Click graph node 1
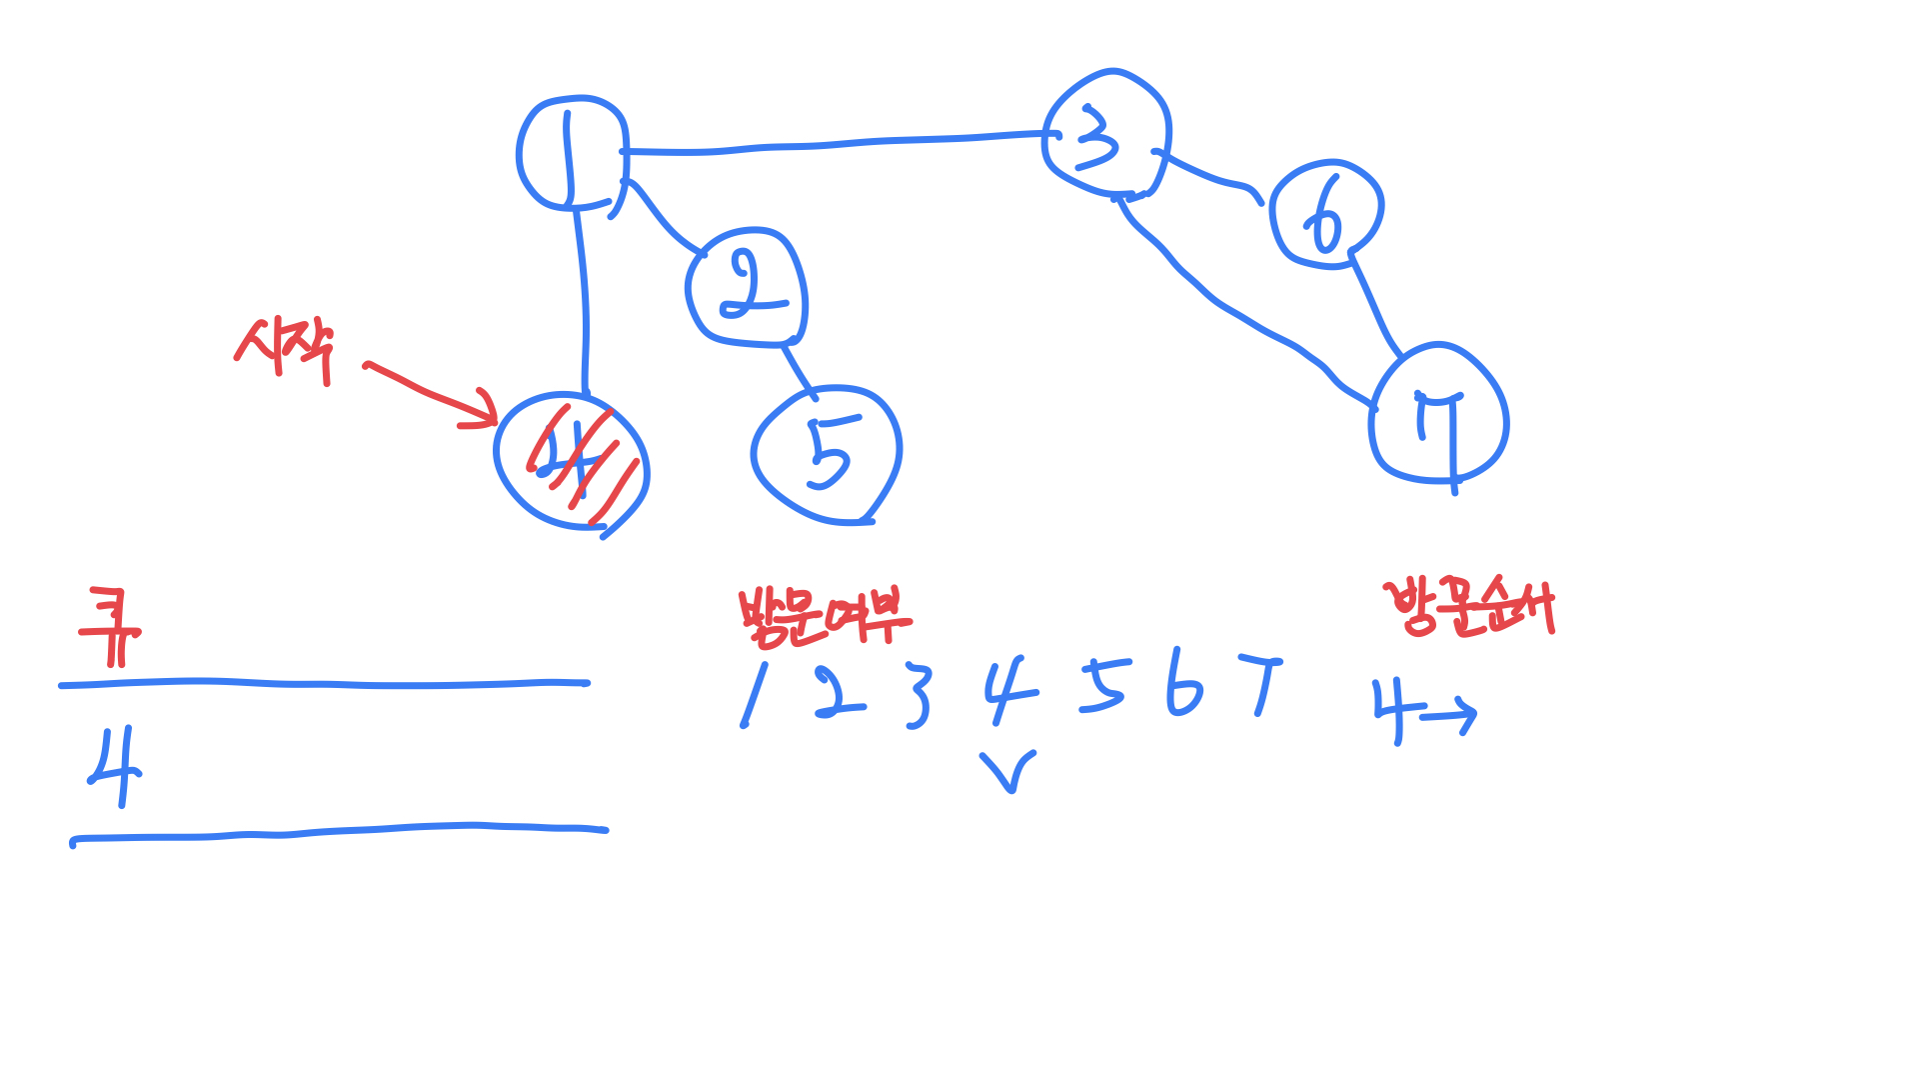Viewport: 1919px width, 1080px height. (572, 153)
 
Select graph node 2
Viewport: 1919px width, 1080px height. (747, 288)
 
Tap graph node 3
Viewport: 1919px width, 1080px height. (1105, 134)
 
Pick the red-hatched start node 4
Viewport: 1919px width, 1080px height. (572, 460)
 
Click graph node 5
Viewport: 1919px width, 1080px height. (827, 455)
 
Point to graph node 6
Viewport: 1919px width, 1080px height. (1325, 213)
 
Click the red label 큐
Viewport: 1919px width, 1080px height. (110, 626)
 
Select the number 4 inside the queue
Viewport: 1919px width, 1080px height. (116, 767)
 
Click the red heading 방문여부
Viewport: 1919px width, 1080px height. (824, 615)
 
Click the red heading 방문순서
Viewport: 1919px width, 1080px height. (1468, 606)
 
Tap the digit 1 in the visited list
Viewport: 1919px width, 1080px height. (754, 695)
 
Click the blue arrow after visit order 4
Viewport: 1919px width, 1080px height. (1449, 716)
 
